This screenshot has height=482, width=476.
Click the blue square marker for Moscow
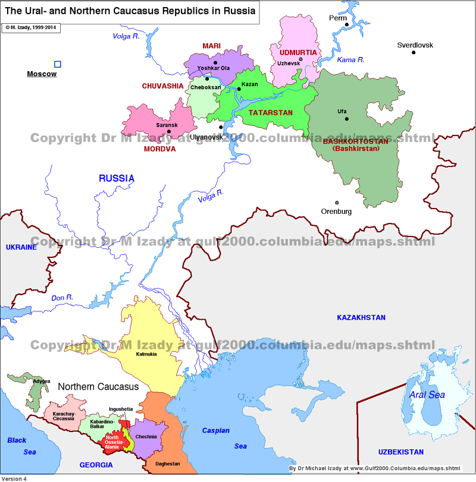tap(58, 64)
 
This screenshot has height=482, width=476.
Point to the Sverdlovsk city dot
tap(414, 52)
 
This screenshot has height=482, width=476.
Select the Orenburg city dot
tap(337, 203)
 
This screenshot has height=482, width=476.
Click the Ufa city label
tap(342, 111)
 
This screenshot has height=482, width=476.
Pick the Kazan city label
tap(250, 84)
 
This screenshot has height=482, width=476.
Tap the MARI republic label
tap(211, 46)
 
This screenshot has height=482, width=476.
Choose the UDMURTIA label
tap(298, 52)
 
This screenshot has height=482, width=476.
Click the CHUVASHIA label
tap(162, 86)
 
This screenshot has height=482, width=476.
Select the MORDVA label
tap(159, 149)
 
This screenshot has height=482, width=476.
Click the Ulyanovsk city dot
tap(221, 127)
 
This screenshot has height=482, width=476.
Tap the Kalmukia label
tap(146, 354)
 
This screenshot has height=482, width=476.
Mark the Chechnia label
tap(146, 437)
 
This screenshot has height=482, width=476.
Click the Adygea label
tap(42, 380)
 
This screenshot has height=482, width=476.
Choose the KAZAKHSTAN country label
tap(361, 317)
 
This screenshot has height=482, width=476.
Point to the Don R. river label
tap(61, 297)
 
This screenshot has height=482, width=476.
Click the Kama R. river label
tap(350, 60)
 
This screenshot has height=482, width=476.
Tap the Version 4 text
tap(14, 478)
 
